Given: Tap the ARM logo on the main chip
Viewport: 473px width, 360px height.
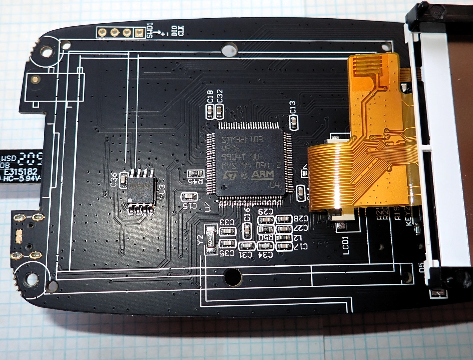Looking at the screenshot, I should [x=263, y=175].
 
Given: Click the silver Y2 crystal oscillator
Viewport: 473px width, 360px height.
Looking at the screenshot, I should [x=210, y=239].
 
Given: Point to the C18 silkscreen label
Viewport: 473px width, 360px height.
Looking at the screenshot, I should [x=210, y=97].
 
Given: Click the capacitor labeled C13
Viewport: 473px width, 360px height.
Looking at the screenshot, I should [x=294, y=121].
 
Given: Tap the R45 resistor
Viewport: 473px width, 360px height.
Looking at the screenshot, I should [x=196, y=173].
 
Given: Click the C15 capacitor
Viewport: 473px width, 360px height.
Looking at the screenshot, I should [x=189, y=196].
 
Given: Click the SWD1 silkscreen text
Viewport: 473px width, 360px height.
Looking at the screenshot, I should [x=150, y=30].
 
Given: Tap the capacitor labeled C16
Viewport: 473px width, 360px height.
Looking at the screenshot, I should [x=247, y=230].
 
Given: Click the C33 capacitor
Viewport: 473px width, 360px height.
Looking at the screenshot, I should [x=227, y=231].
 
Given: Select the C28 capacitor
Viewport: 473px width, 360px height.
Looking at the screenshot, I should [x=284, y=219].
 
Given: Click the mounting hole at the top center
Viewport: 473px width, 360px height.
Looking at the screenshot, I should [x=229, y=49].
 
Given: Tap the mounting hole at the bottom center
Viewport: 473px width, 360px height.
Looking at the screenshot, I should [x=233, y=276].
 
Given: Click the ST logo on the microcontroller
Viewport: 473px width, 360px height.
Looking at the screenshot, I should [x=230, y=176].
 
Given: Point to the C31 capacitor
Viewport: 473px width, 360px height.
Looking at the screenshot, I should [x=247, y=246].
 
